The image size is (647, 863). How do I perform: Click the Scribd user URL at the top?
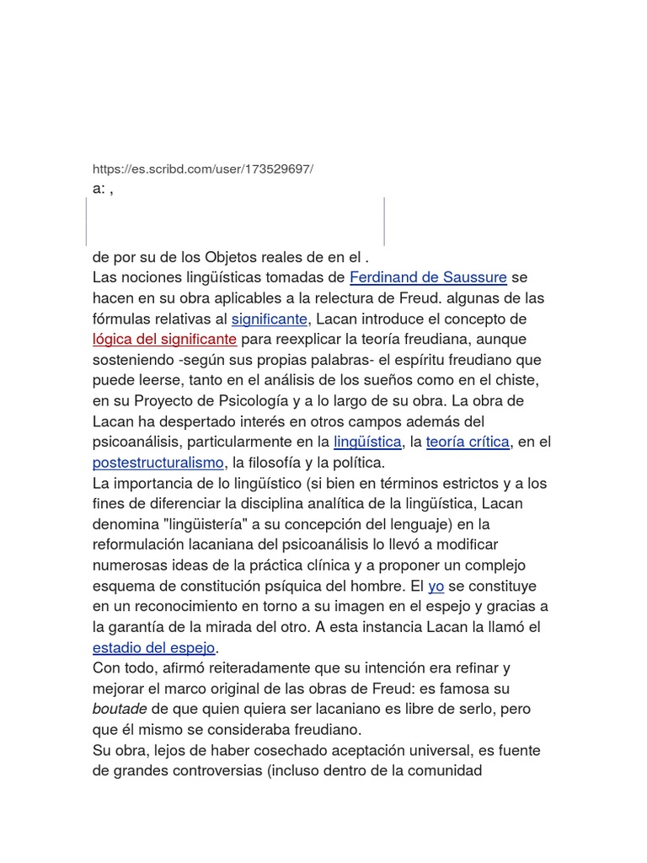click(x=202, y=169)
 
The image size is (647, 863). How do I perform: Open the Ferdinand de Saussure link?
click(x=428, y=277)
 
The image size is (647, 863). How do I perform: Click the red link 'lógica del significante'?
click(x=164, y=339)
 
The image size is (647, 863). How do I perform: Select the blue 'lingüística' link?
click(x=367, y=442)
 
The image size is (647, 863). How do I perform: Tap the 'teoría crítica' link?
click(x=468, y=442)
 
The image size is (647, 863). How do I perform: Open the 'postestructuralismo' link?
click(x=158, y=463)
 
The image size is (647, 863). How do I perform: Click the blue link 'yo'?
click(x=436, y=586)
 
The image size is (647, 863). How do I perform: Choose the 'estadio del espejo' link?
click(x=154, y=647)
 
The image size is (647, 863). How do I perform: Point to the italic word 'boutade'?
click(x=120, y=709)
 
